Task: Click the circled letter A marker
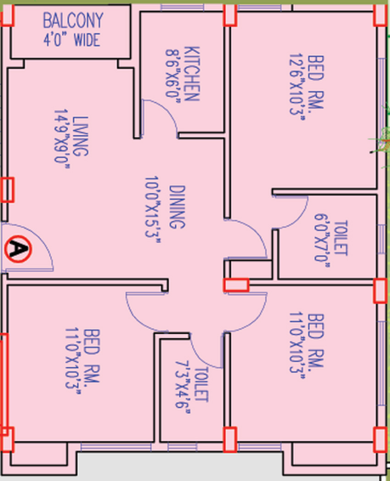[x=19, y=249]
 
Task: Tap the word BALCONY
[x=73, y=21]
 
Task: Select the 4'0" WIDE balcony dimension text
[x=71, y=40]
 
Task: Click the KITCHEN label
[x=192, y=74]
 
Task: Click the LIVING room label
[x=81, y=136]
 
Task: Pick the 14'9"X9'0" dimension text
[x=62, y=139]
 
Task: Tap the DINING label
[x=178, y=207]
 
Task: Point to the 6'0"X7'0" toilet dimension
[x=322, y=240]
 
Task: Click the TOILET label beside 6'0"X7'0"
[x=341, y=238]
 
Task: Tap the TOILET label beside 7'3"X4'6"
[x=201, y=384]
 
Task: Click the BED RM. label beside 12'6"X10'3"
[x=315, y=82]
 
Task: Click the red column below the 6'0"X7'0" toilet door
[x=235, y=285]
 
